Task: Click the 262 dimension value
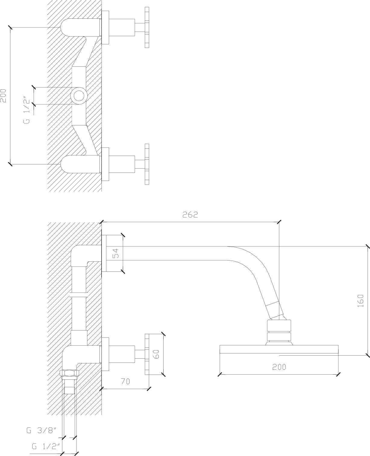coord(190,214)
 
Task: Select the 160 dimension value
coord(361,301)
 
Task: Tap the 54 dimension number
coord(115,253)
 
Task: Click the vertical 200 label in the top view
coord(3,96)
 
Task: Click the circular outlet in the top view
coord(79,96)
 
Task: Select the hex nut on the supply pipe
coord(70,373)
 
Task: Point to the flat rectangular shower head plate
coord(279,349)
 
